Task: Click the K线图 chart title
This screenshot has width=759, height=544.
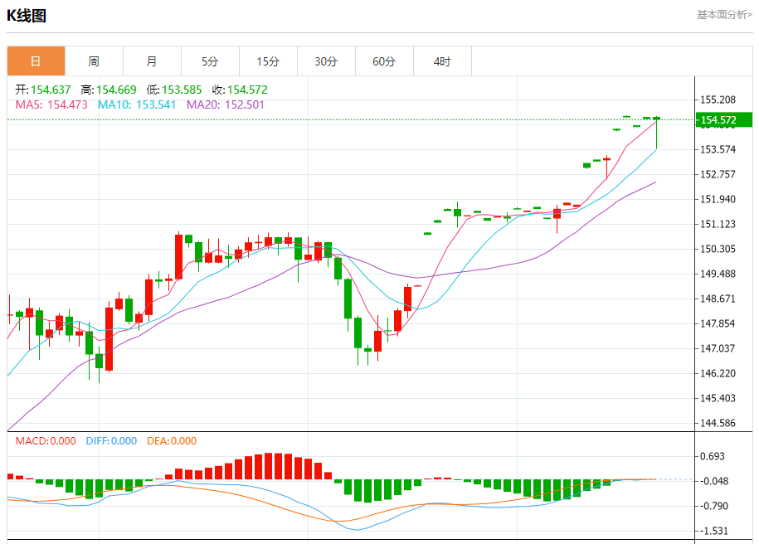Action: pyautogui.click(x=27, y=15)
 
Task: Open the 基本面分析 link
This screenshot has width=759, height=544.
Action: pyautogui.click(x=724, y=14)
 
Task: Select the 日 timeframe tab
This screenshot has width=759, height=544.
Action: pyautogui.click(x=36, y=61)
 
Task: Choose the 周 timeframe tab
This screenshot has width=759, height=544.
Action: pyautogui.click(x=94, y=61)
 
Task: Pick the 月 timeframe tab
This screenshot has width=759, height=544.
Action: pyautogui.click(x=152, y=61)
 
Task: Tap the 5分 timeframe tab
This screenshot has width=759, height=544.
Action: pyautogui.click(x=210, y=61)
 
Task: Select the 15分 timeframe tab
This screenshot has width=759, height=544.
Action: pyautogui.click(x=268, y=61)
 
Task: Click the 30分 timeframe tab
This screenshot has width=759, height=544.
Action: pyautogui.click(x=326, y=61)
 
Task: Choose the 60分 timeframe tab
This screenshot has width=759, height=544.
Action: pyautogui.click(x=384, y=61)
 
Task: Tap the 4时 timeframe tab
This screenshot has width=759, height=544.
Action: pyautogui.click(x=442, y=61)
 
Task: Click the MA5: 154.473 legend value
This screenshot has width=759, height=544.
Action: pyautogui.click(x=51, y=104)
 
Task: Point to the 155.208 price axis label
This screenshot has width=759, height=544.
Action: pyautogui.click(x=719, y=100)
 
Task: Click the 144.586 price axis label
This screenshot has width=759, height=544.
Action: pyautogui.click(x=719, y=423)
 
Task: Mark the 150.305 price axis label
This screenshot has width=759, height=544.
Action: pyautogui.click(x=719, y=249)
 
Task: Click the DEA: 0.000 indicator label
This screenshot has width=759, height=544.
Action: pyautogui.click(x=172, y=441)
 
